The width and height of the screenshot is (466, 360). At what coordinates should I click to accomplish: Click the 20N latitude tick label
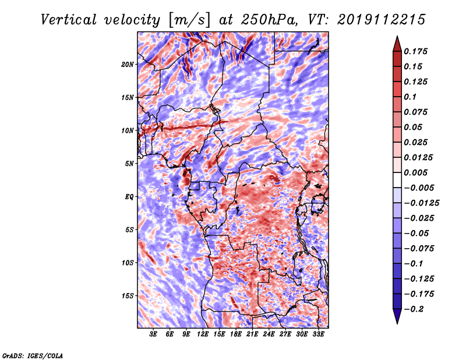tap(128, 64)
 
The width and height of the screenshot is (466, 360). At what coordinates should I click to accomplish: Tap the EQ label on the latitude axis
tap(129, 197)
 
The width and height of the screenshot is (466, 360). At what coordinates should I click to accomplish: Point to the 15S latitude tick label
tap(128, 296)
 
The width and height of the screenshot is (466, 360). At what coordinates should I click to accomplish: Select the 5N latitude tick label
tap(129, 164)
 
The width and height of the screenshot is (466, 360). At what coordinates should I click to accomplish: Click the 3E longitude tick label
tap(153, 334)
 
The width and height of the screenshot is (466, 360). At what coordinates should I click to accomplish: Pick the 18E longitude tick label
tap(236, 334)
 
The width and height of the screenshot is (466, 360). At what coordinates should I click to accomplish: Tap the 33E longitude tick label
tap(318, 334)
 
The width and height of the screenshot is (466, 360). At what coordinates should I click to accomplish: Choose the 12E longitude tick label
tap(203, 334)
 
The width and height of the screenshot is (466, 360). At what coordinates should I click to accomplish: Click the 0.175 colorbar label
tap(415, 51)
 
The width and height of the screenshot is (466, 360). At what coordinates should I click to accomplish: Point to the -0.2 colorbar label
tap(414, 309)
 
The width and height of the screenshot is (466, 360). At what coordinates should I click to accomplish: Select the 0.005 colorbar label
tap(415, 172)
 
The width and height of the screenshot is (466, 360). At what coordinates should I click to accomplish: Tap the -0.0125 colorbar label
tap(421, 203)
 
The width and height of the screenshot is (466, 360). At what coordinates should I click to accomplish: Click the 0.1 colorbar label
tap(410, 97)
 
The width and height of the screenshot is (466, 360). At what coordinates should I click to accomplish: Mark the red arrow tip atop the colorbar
tap(397, 36)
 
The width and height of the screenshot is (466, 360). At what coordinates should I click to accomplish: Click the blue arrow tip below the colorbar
tap(397, 323)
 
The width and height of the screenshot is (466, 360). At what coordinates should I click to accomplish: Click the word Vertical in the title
tap(69, 20)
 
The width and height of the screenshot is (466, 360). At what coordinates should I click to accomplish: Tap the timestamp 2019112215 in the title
tap(382, 20)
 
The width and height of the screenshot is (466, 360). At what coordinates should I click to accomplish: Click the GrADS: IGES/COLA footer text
tap(33, 355)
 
